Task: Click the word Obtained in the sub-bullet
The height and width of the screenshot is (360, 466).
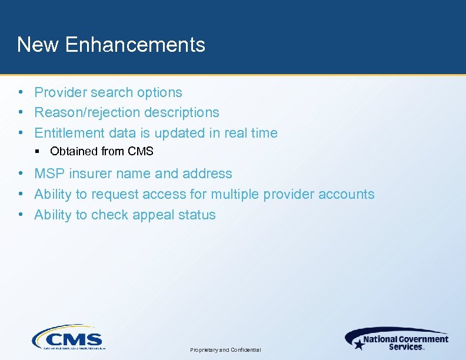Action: click(x=74, y=151)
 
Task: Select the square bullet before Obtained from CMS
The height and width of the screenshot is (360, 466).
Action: click(x=37, y=152)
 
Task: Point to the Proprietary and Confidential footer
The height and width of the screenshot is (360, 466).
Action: click(x=225, y=350)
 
